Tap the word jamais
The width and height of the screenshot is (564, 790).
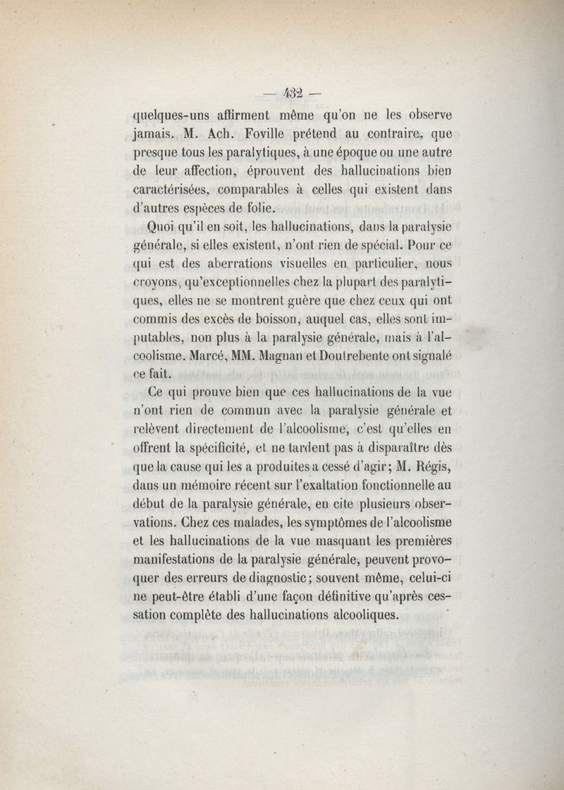click(x=157, y=132)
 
